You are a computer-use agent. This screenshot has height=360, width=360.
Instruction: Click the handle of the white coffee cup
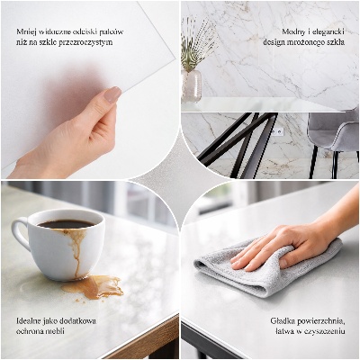click(x=20, y=235)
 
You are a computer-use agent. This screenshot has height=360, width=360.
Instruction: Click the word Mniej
click(x=26, y=31)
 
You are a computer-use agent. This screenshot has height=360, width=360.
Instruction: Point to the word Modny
click(x=293, y=31)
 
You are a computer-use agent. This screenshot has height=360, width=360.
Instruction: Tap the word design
click(x=275, y=41)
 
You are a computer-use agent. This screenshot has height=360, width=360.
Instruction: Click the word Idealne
click(x=31, y=320)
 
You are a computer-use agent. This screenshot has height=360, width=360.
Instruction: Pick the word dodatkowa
click(x=79, y=320)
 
